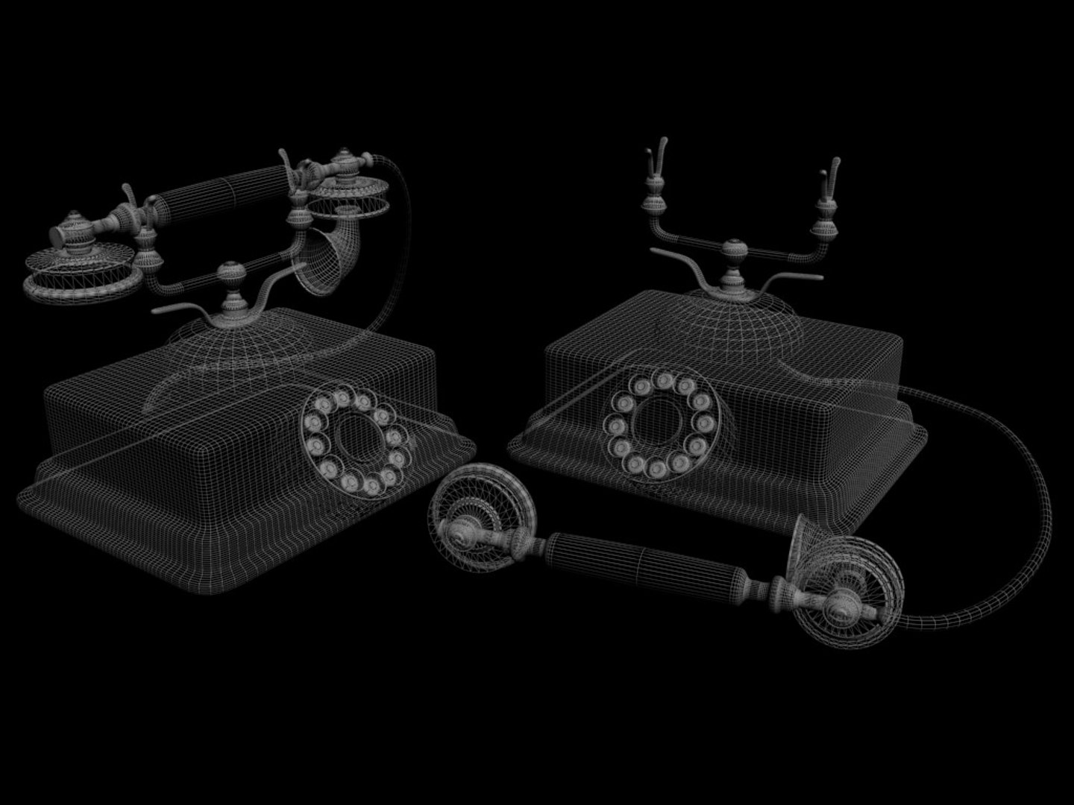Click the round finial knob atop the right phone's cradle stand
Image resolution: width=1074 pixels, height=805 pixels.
coord(733,250)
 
